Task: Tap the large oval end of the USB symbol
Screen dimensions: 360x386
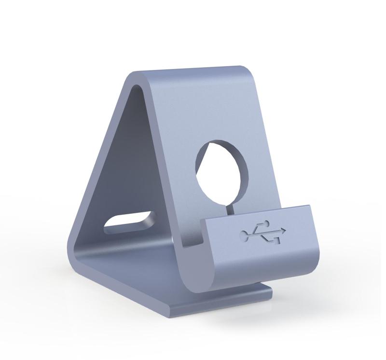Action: click(245, 235)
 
